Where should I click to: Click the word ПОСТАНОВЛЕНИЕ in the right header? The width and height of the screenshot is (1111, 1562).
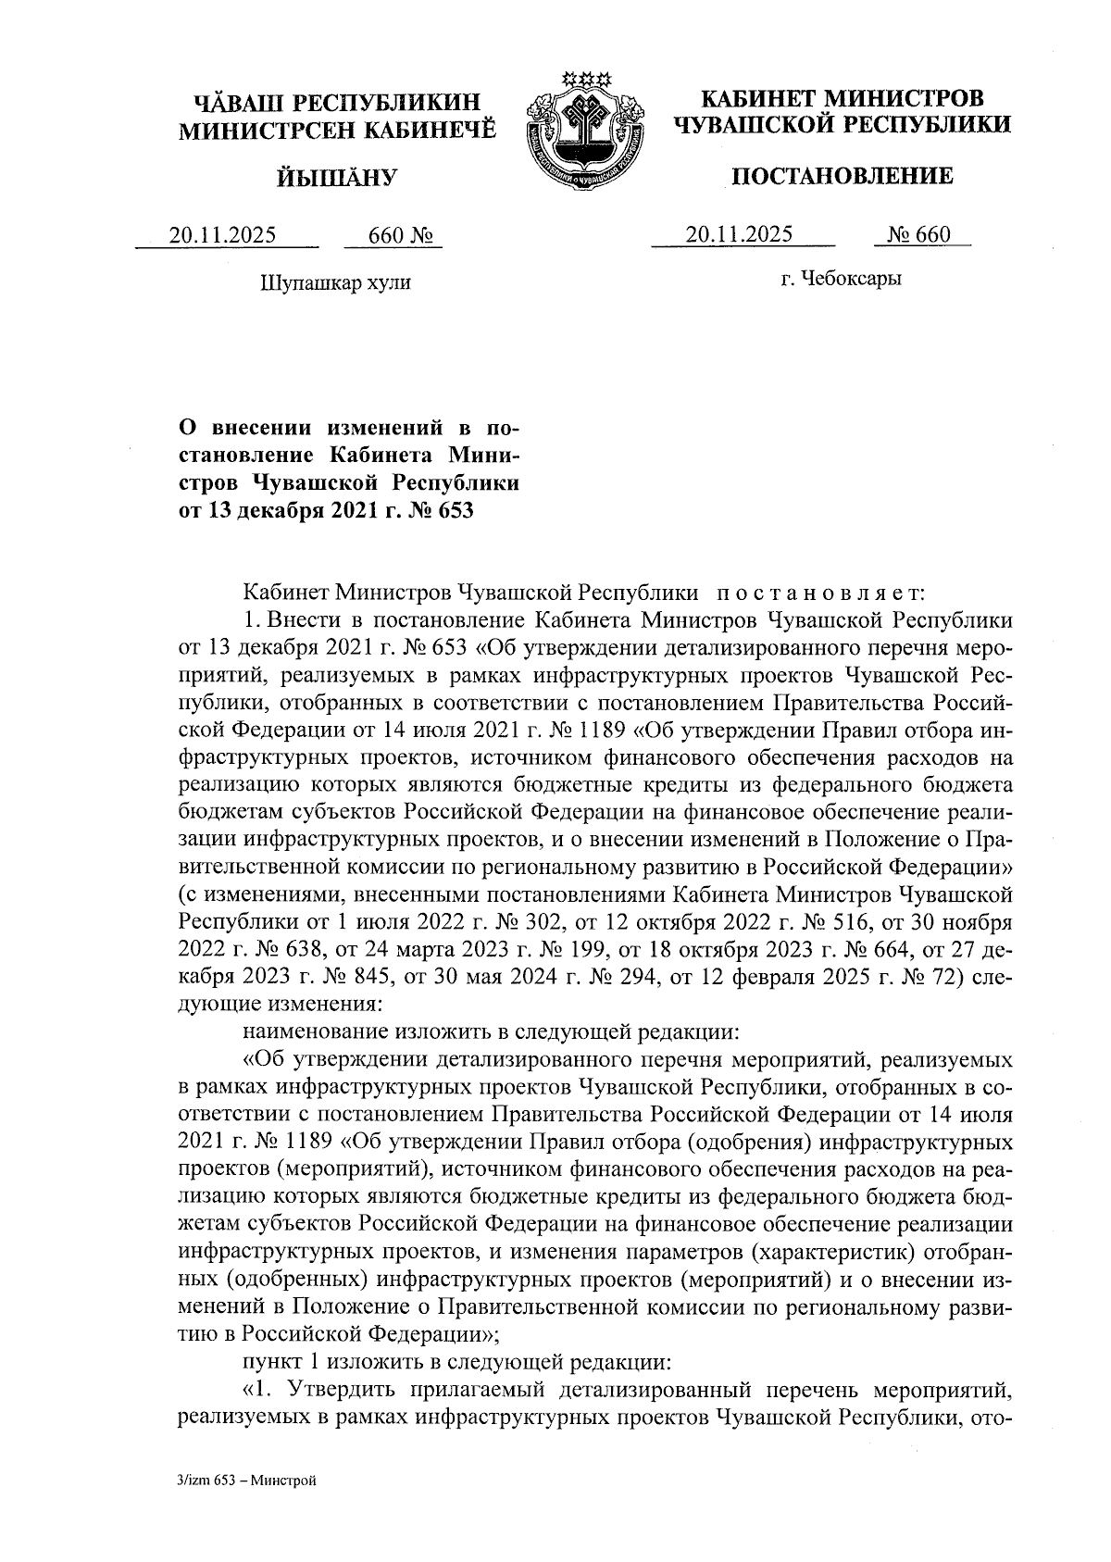[x=842, y=176]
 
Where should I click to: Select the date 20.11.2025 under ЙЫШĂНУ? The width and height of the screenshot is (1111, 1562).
[x=222, y=235]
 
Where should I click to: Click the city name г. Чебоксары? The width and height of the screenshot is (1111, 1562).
[x=841, y=278]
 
